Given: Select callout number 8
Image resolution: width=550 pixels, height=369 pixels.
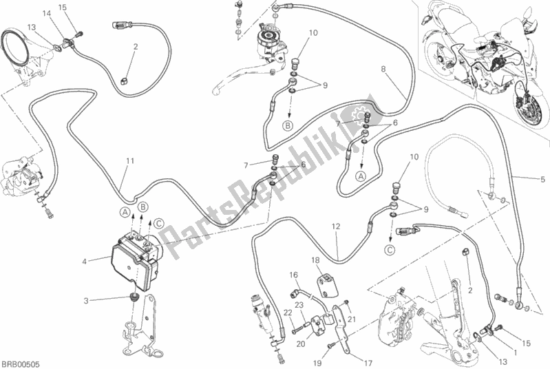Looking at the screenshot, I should click(384, 68).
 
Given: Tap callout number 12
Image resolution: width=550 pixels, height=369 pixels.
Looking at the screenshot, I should click(335, 226).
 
